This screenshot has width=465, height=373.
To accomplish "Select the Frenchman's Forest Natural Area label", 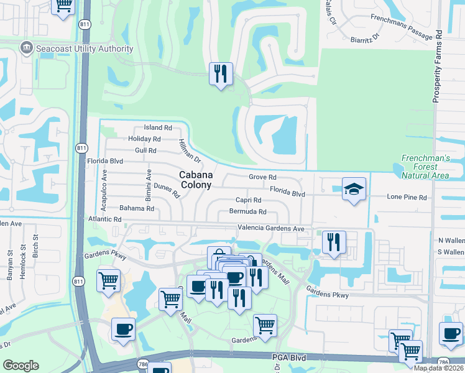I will point(425,167).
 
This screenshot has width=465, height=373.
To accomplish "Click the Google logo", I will point(21,366).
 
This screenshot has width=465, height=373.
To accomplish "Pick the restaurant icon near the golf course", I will point(221,74).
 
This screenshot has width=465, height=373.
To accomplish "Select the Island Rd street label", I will point(157,127).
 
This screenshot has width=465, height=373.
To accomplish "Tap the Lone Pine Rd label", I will point(407,198).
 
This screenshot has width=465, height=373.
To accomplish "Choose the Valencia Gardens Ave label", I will point(271,229).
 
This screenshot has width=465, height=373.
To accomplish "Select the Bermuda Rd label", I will point(247,212).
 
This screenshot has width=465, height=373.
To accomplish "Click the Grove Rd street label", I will point(262,177).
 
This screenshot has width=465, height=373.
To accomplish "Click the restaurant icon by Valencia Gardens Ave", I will point(334,242).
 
